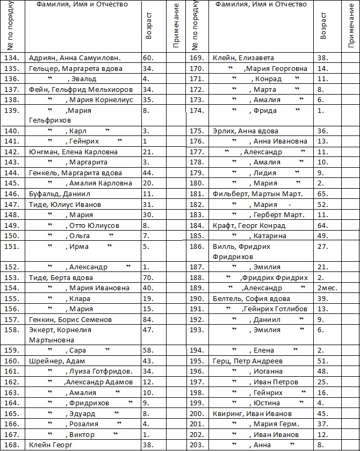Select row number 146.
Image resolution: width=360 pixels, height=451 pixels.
pos(12,194)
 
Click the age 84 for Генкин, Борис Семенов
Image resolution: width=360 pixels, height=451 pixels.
pos(148,320)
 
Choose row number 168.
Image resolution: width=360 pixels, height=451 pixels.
pos(12,445)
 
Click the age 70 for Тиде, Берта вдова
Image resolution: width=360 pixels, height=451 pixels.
pos(148,278)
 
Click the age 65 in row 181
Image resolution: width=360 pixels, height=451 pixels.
pos(321,194)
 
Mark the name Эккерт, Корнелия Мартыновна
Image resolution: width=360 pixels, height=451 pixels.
pos(60,335)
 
